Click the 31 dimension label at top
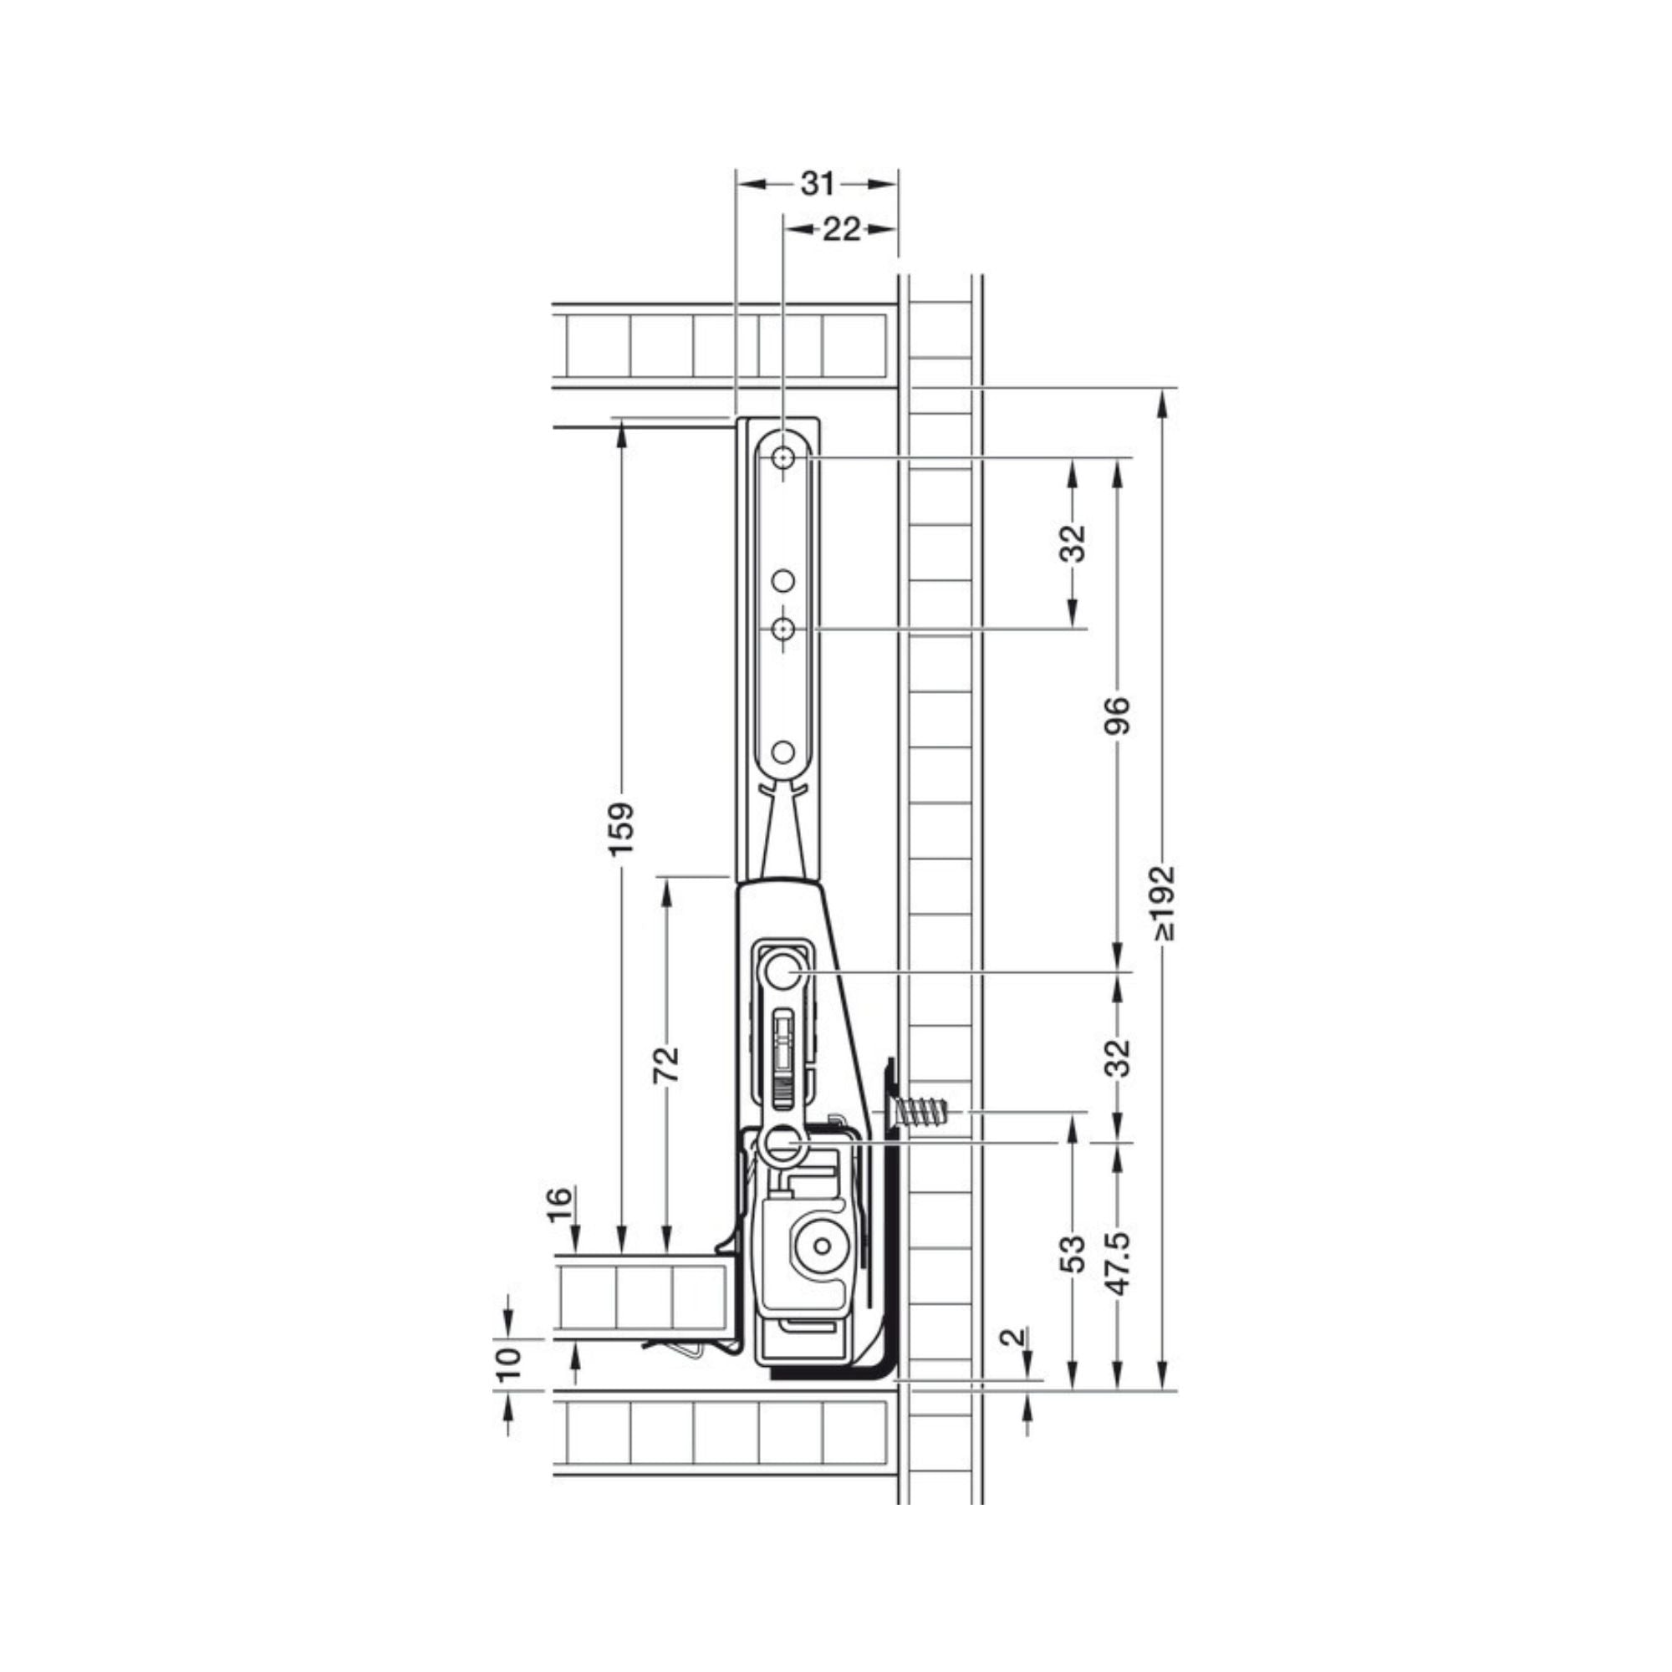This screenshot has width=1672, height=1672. [x=817, y=183]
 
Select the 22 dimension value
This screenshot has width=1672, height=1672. [x=841, y=229]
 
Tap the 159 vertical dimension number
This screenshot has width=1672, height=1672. [x=622, y=829]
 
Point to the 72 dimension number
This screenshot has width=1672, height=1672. [x=666, y=1064]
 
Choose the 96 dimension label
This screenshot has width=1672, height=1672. [x=1119, y=715]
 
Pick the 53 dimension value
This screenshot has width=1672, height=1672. [x=1073, y=1253]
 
